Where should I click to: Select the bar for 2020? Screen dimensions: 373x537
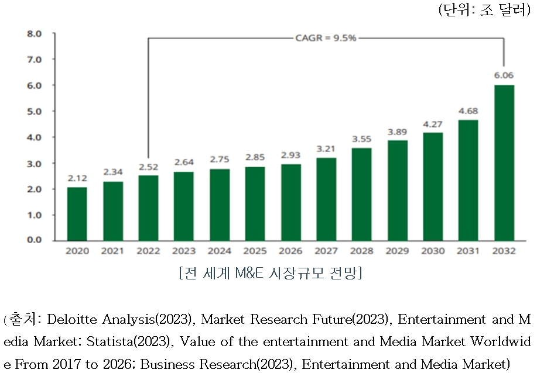(x=77, y=214)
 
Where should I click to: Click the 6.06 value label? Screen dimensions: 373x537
(x=504, y=75)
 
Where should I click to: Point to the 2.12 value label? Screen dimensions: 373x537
(x=77, y=178)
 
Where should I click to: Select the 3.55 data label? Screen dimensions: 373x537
(x=362, y=139)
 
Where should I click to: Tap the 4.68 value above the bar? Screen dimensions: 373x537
(x=468, y=110)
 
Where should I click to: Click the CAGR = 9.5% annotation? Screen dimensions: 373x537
(x=326, y=38)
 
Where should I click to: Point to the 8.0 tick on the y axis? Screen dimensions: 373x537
(x=35, y=34)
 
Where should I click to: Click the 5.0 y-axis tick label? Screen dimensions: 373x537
(x=35, y=111)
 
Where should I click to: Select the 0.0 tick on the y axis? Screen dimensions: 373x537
(x=35, y=240)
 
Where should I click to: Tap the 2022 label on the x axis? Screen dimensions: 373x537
(x=148, y=251)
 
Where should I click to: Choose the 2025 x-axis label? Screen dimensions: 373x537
(x=255, y=251)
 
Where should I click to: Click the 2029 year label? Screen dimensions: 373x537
(x=397, y=251)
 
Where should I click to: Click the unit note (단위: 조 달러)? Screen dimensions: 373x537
(x=484, y=11)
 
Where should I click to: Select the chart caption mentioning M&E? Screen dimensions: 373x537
(x=270, y=273)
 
